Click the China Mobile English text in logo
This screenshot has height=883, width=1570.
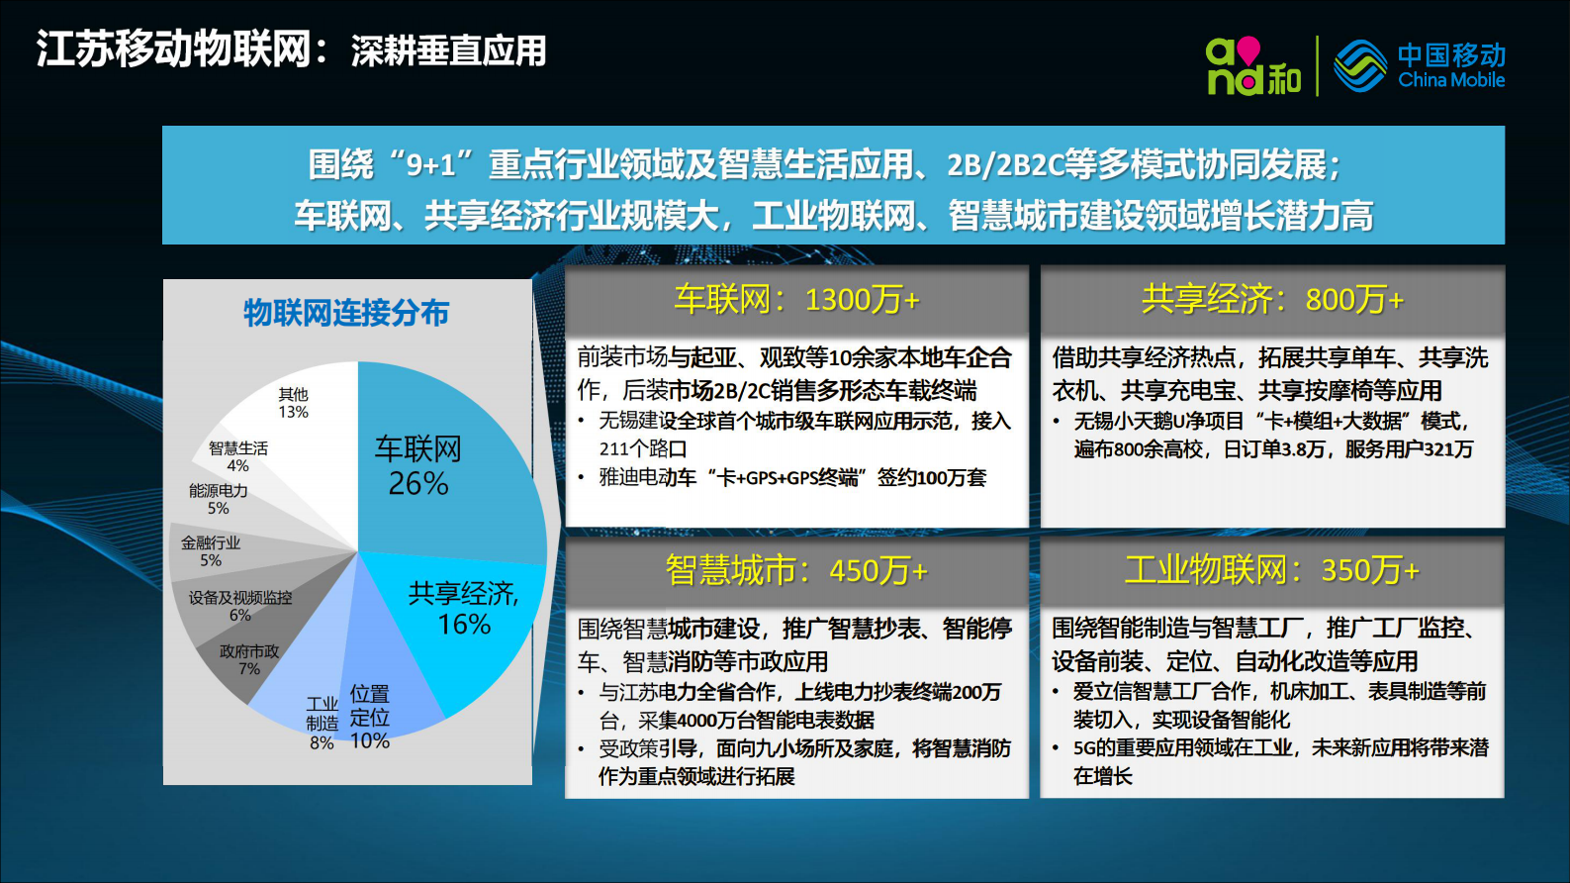click(x=1451, y=80)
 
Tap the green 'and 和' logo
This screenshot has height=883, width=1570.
click(x=1252, y=66)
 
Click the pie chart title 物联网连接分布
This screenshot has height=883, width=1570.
click(x=346, y=313)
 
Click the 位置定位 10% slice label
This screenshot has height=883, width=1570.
click(x=370, y=717)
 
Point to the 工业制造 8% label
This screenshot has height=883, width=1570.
click(x=323, y=723)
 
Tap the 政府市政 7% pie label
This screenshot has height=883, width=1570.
click(x=249, y=659)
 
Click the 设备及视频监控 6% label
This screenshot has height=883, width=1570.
click(x=240, y=606)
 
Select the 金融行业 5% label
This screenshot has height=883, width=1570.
click(x=211, y=551)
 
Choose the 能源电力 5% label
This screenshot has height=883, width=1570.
click(x=219, y=499)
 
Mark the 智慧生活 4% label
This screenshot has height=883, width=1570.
click(x=238, y=456)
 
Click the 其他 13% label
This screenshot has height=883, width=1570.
click(x=293, y=403)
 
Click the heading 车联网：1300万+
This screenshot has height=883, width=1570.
click(x=796, y=299)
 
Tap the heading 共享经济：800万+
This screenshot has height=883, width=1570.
click(x=1272, y=299)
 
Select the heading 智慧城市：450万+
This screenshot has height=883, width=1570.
click(x=796, y=570)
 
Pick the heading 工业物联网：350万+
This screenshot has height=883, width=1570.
click(x=1272, y=570)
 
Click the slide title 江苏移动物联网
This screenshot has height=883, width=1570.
click(x=174, y=49)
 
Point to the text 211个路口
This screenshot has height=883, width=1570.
click(x=642, y=448)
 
